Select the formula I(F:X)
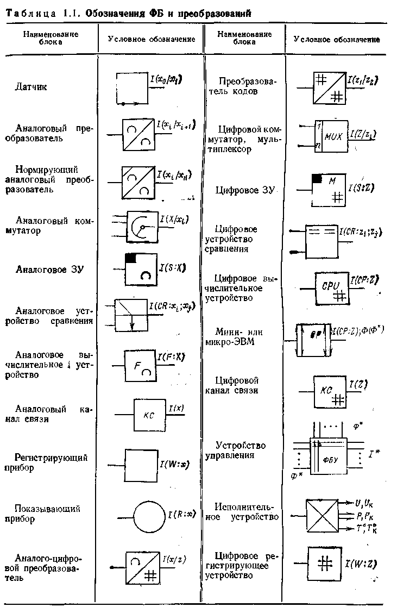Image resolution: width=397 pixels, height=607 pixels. [172, 357]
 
